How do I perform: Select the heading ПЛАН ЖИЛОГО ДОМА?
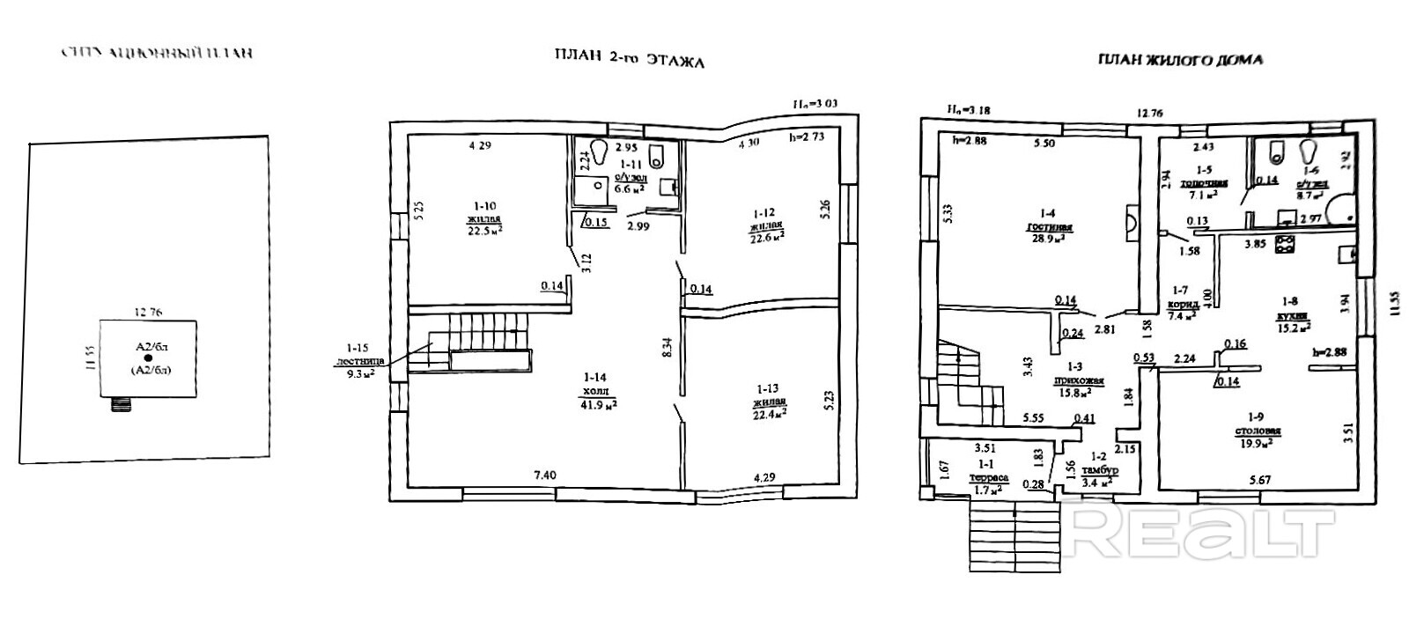1180,60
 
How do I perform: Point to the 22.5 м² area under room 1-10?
484,231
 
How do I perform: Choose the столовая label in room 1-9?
1256,431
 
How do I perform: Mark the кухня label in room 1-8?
1293,314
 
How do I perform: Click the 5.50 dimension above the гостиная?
1044,142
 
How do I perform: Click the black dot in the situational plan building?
148,358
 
